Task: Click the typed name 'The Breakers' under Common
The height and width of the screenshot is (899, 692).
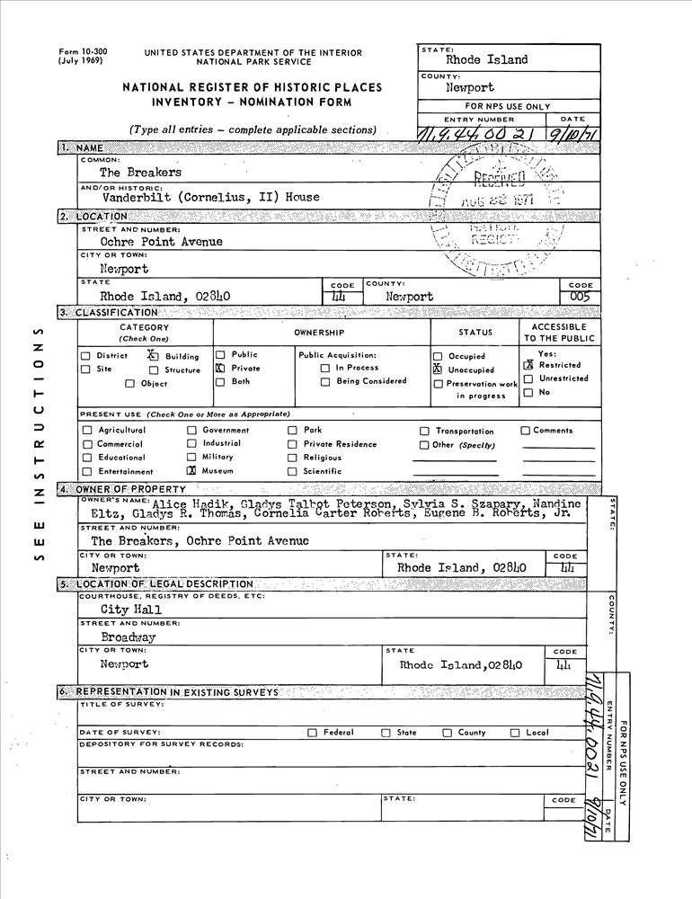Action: (140, 172)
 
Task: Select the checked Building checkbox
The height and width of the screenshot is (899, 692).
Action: (153, 355)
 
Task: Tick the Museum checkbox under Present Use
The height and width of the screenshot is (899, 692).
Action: (191, 470)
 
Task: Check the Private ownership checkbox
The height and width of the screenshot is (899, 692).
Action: (220, 369)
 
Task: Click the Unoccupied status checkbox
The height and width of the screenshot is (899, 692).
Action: (438, 369)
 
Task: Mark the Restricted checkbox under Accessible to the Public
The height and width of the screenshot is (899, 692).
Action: (528, 365)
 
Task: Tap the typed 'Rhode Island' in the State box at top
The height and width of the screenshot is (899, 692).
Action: (486, 60)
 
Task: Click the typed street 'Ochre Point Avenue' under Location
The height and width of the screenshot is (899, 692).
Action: (162, 242)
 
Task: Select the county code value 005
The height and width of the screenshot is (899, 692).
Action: (581, 296)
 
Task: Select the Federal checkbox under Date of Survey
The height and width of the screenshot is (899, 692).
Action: (312, 733)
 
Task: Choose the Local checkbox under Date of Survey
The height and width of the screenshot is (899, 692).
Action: (515, 733)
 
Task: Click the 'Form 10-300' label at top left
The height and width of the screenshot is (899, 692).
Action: (82, 52)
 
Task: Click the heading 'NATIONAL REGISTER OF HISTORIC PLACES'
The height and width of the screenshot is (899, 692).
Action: (253, 87)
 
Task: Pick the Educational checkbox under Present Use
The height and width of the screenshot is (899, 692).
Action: (87, 458)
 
